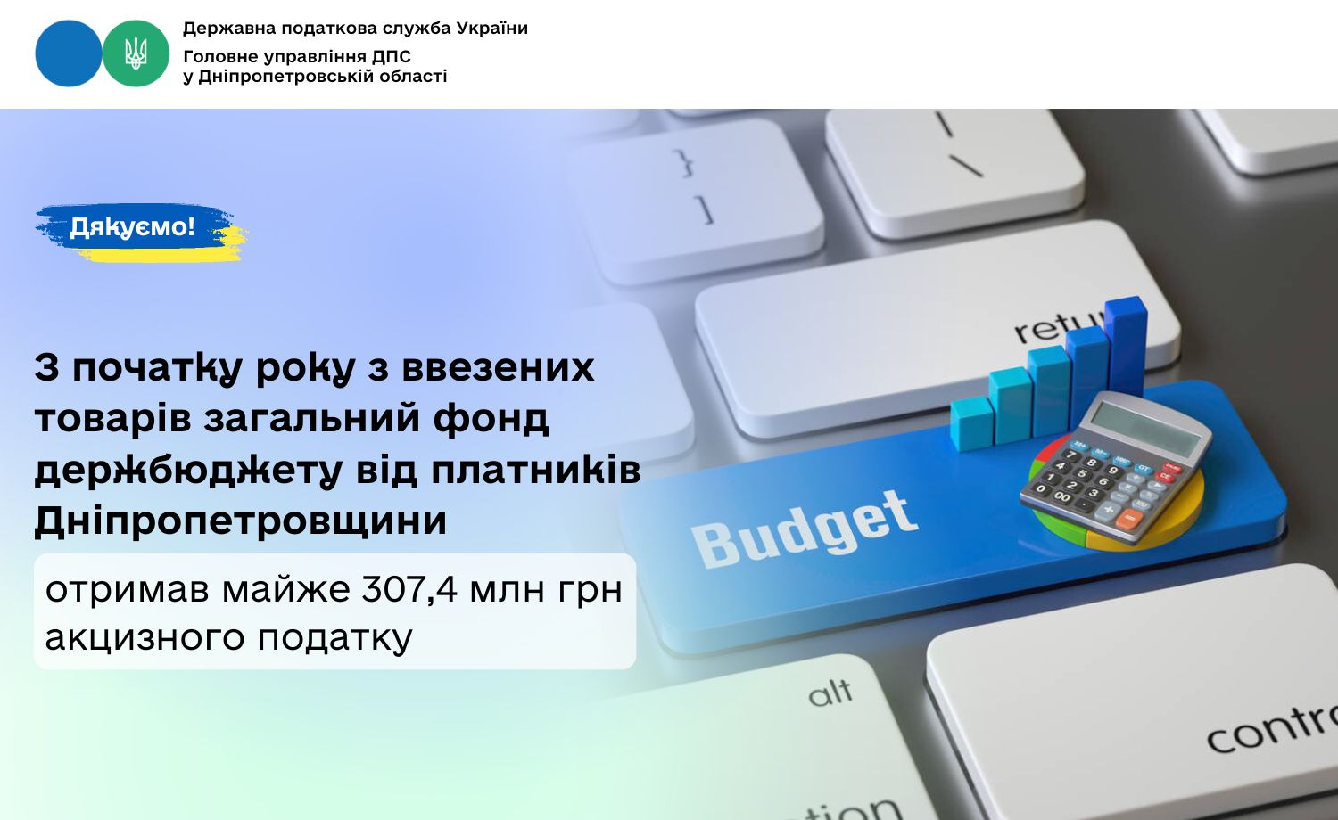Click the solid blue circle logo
tap(69, 53)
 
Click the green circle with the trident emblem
tap(136, 53)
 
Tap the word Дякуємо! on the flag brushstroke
tap(132, 226)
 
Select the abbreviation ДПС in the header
tap(392, 57)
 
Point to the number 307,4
tap(409, 590)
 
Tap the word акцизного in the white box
tap(145, 638)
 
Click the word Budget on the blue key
tap(804, 529)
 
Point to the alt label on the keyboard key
tap(830, 693)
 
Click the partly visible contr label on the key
tap(1272, 729)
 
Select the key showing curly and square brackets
tap(695, 201)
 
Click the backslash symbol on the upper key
tap(967, 167)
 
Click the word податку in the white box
tap(335, 638)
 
